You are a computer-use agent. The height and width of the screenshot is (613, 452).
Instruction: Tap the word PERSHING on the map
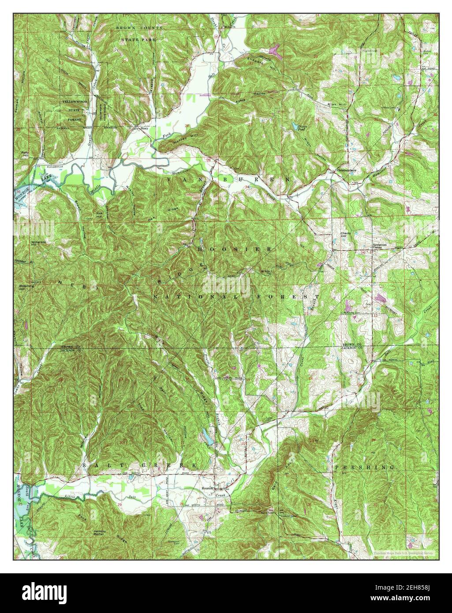[x=364, y=467]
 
